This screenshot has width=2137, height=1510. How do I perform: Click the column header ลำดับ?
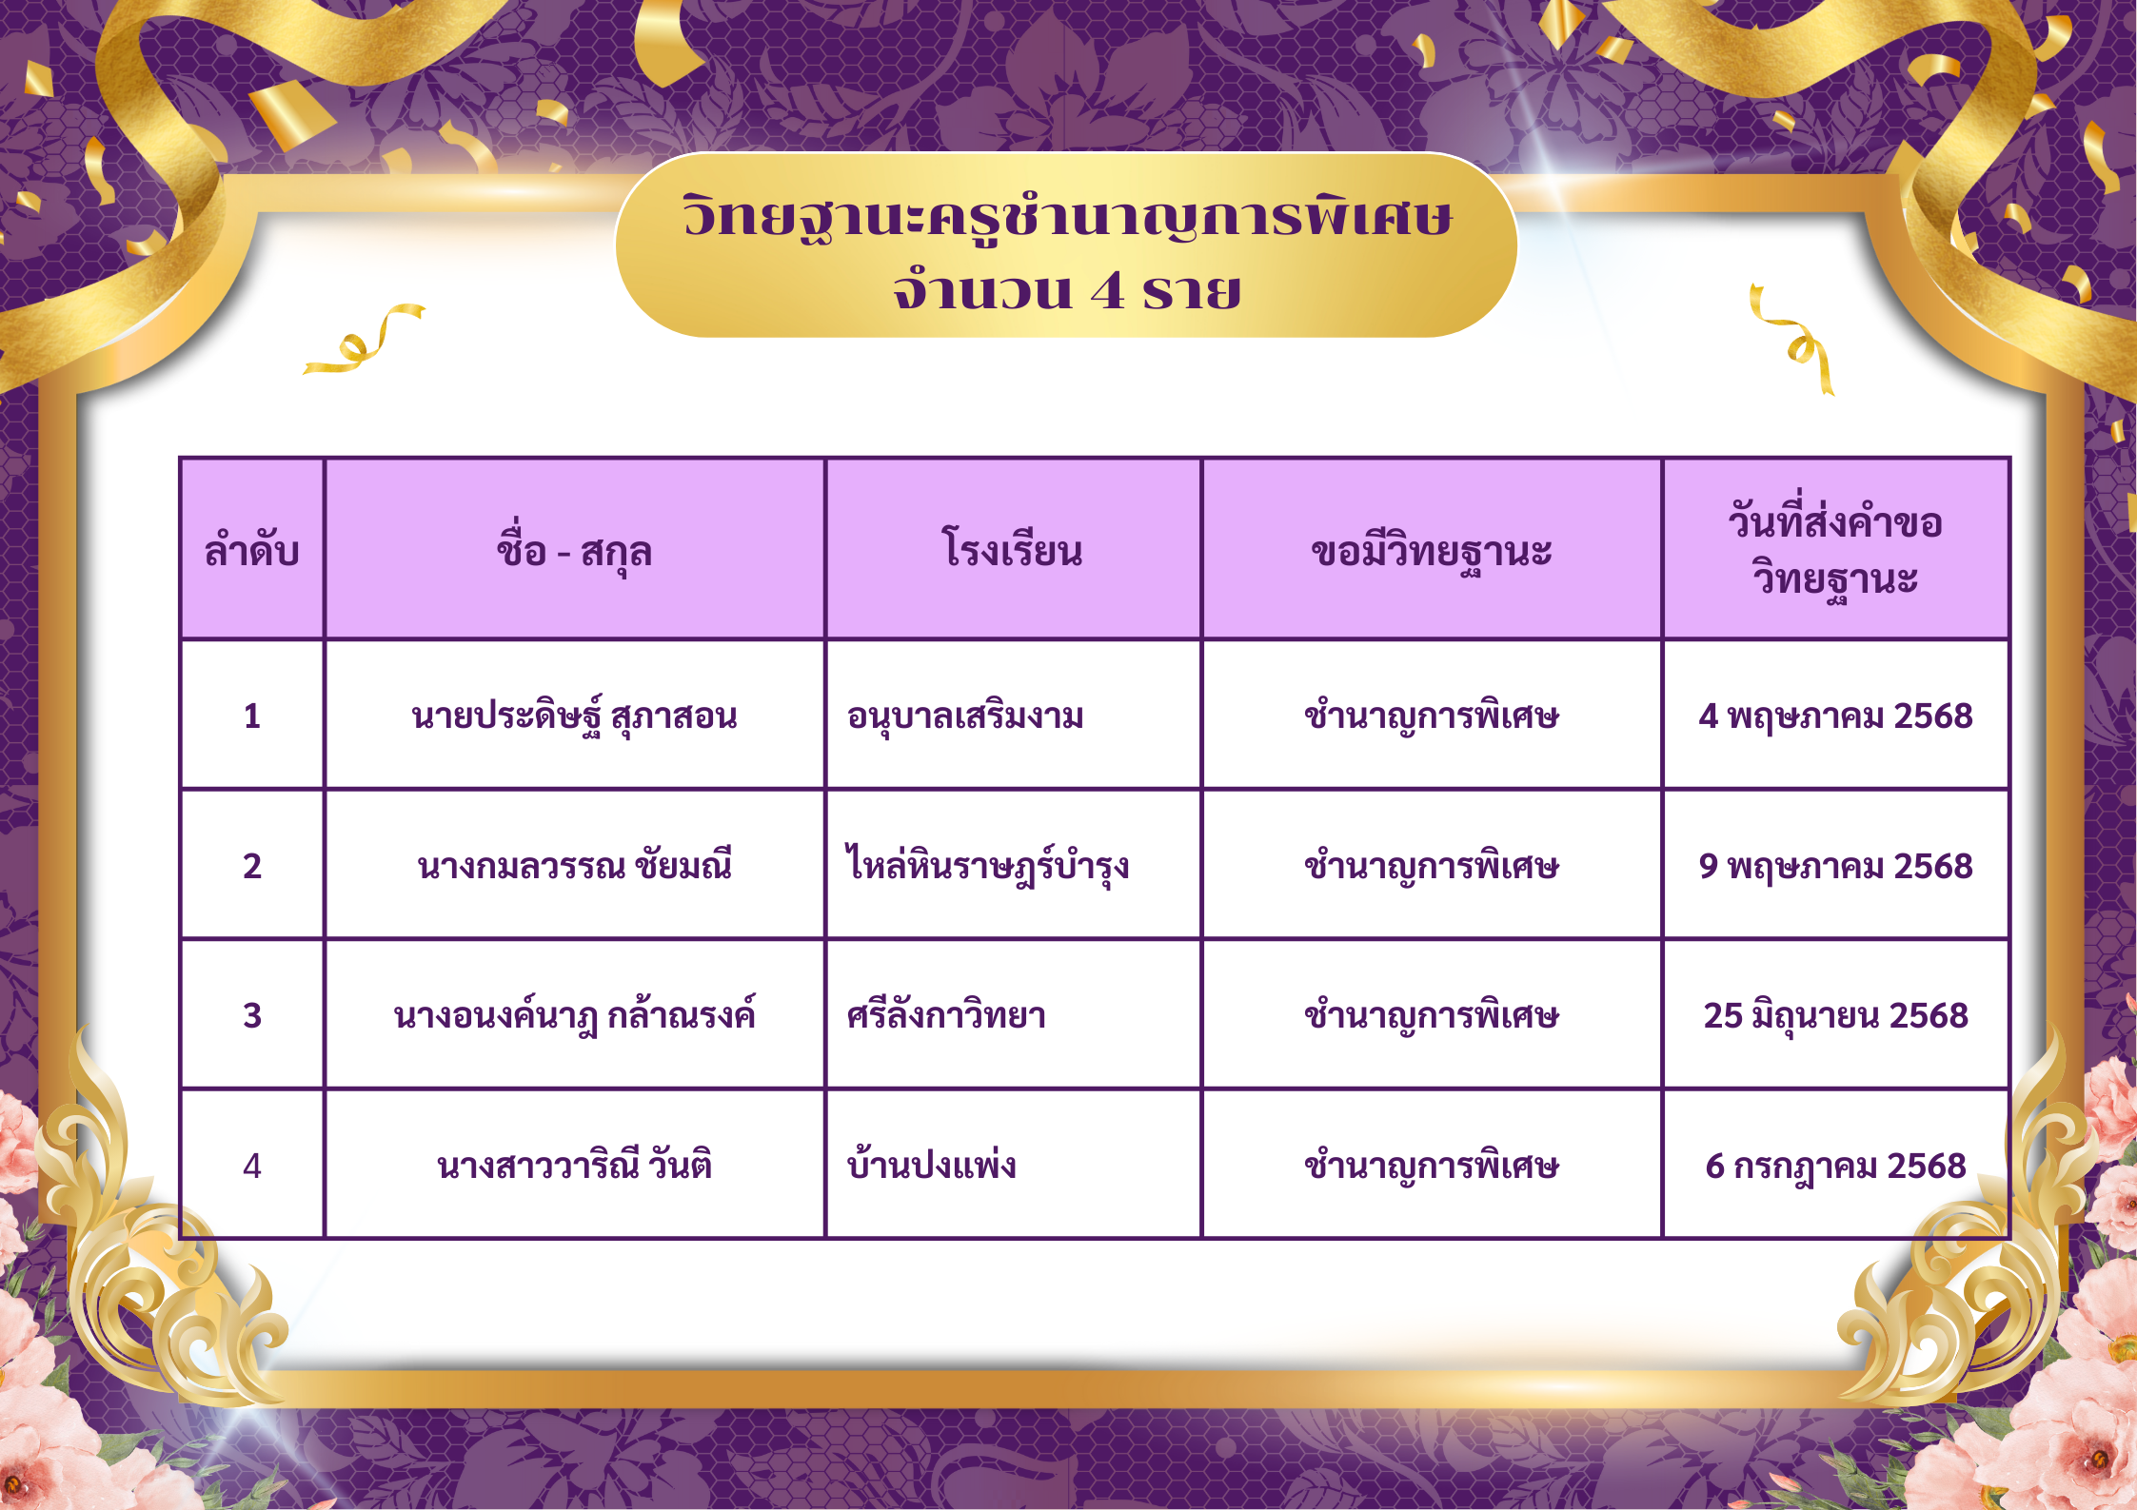click(252, 550)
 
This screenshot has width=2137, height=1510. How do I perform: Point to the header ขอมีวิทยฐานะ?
click(1432, 551)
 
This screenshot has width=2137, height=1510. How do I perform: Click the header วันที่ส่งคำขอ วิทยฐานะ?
click(1835, 550)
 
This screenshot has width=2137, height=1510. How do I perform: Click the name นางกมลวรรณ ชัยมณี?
click(574, 864)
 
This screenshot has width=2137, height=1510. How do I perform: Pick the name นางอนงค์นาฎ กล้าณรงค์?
click(574, 1013)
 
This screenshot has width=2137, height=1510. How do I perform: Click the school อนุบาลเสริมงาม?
click(965, 716)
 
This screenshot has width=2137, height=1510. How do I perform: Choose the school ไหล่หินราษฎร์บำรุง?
click(988, 864)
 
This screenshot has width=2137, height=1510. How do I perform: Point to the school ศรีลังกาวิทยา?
click(946, 1013)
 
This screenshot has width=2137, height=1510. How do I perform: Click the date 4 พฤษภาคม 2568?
click(1835, 716)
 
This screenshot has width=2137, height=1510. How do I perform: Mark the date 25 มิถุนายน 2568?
click(1835, 1015)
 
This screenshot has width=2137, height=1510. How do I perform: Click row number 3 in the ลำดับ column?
click(252, 1015)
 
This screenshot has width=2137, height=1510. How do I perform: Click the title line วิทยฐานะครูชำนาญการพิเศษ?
click(1067, 217)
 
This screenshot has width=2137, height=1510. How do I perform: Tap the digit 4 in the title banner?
click(1107, 290)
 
